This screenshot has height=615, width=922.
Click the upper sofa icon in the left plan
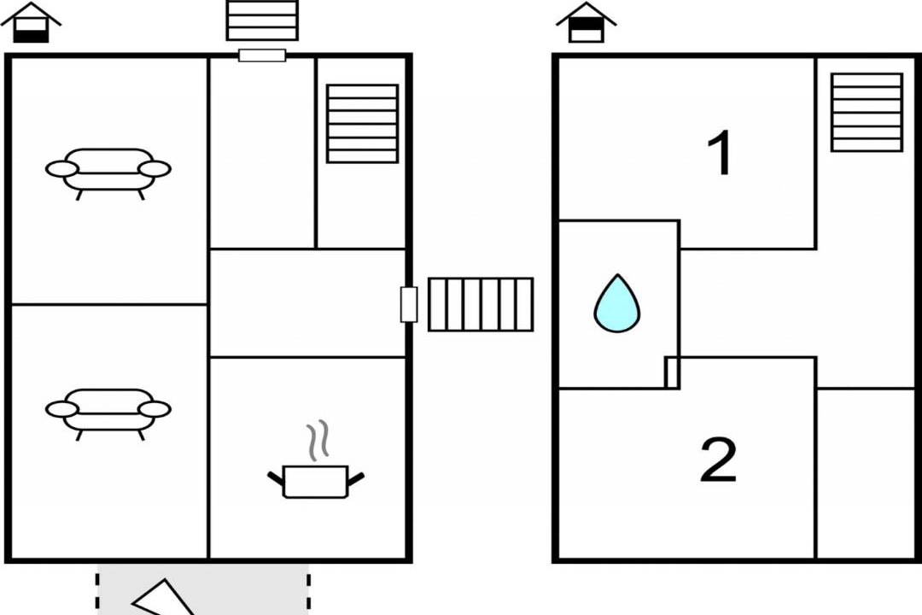108,170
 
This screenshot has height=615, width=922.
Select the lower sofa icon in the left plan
108,411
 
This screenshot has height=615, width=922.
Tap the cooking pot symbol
316,481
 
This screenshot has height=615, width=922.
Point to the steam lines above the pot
317,441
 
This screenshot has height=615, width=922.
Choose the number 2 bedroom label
718,460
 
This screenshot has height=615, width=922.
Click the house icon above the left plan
31,23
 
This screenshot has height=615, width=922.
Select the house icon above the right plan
586,23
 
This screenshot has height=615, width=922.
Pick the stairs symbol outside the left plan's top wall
262,20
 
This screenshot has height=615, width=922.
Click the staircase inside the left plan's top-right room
362,123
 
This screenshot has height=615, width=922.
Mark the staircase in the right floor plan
867,112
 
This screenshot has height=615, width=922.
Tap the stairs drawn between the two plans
481,304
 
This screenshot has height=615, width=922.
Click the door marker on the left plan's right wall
409,304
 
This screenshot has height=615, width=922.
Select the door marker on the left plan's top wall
262,56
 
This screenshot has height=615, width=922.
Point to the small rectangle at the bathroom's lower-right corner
672,372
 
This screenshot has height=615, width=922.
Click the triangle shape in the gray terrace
162,597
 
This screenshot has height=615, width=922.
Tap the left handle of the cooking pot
276,477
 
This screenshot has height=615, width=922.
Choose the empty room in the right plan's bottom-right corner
866,473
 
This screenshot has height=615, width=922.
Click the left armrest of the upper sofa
61,169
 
